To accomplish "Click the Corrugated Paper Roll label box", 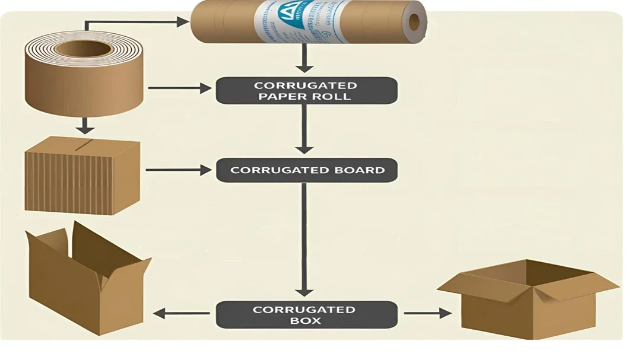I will [306, 90].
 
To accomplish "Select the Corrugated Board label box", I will [306, 170].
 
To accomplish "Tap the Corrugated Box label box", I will [306, 314].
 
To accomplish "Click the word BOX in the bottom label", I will [306, 321].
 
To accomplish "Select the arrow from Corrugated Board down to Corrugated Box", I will [304, 237].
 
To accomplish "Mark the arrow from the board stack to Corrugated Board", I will [178, 171].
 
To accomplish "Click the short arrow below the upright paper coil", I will [86, 125].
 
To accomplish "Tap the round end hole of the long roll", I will [414, 23].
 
